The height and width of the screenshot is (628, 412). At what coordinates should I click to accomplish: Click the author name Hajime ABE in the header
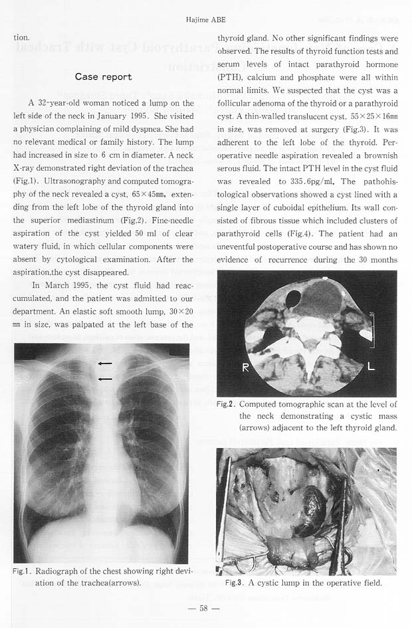click(x=206, y=20)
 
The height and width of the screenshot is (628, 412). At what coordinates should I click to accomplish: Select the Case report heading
click(x=103, y=77)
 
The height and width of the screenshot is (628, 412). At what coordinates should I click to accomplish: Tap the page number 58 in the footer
click(x=205, y=608)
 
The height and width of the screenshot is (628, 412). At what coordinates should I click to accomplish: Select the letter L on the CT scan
click(x=371, y=366)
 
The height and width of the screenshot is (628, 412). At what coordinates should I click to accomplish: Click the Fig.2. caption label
click(x=226, y=404)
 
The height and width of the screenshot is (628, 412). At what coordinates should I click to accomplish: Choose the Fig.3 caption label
click(x=233, y=583)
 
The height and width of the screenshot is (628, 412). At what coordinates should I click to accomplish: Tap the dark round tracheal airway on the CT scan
click(x=292, y=299)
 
